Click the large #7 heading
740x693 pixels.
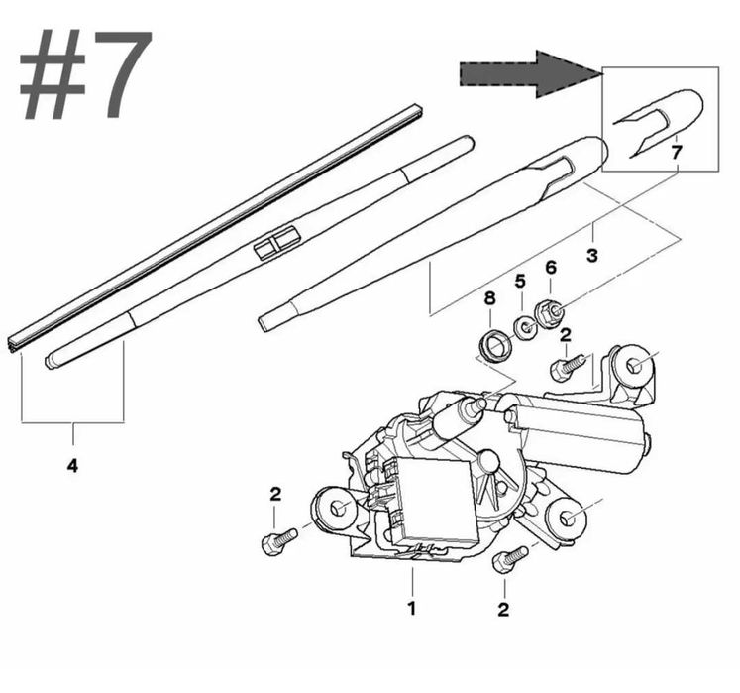(85, 74)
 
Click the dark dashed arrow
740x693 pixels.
(531, 74)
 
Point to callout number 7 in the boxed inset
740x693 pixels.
(677, 153)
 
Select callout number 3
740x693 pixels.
(592, 255)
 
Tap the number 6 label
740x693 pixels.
(551, 268)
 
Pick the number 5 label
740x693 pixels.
(520, 282)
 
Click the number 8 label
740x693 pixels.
(490, 298)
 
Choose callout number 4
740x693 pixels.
(72, 466)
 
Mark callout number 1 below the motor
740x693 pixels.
(412, 608)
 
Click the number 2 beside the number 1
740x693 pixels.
(503, 610)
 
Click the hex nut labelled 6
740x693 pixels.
(550, 312)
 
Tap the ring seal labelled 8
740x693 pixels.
(493, 348)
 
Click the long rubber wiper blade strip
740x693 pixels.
(215, 229)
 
